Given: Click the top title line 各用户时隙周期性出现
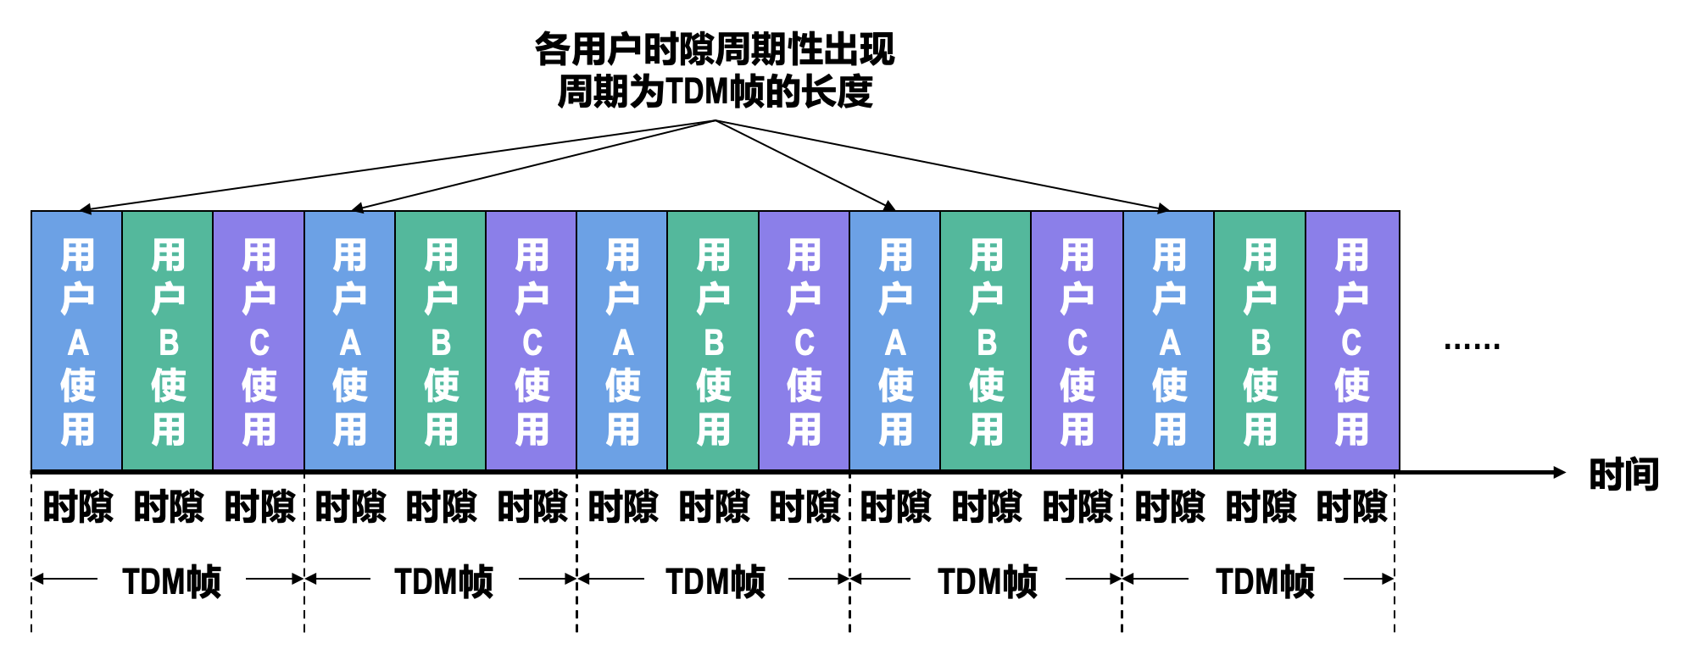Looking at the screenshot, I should coord(714,49).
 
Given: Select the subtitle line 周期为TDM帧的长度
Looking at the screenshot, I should coord(714,92).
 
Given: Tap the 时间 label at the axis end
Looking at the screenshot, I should coord(1623,475).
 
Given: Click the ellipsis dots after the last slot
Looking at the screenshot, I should coord(1472,346).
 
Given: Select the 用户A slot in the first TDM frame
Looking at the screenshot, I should coord(77,341).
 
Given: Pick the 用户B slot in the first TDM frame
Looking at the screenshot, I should coord(168,341).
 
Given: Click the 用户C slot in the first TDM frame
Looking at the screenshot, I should coord(259,341).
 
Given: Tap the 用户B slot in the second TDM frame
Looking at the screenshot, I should coord(441,341).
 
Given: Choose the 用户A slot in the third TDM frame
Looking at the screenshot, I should coord(622,341).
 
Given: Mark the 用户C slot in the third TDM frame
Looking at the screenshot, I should coord(804,341).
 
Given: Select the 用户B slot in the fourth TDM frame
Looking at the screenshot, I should coord(986,341).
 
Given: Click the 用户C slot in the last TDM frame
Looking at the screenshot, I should coord(1351,341).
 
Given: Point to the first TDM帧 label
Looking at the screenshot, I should coord(171,582).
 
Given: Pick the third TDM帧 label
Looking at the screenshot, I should coord(715,582).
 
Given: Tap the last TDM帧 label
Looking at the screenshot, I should coord(1265,582).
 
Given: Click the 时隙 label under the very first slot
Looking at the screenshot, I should coord(77,507).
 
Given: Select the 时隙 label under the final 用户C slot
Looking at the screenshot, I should coord(1351,507).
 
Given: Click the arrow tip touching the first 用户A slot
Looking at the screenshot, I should coord(81,209).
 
